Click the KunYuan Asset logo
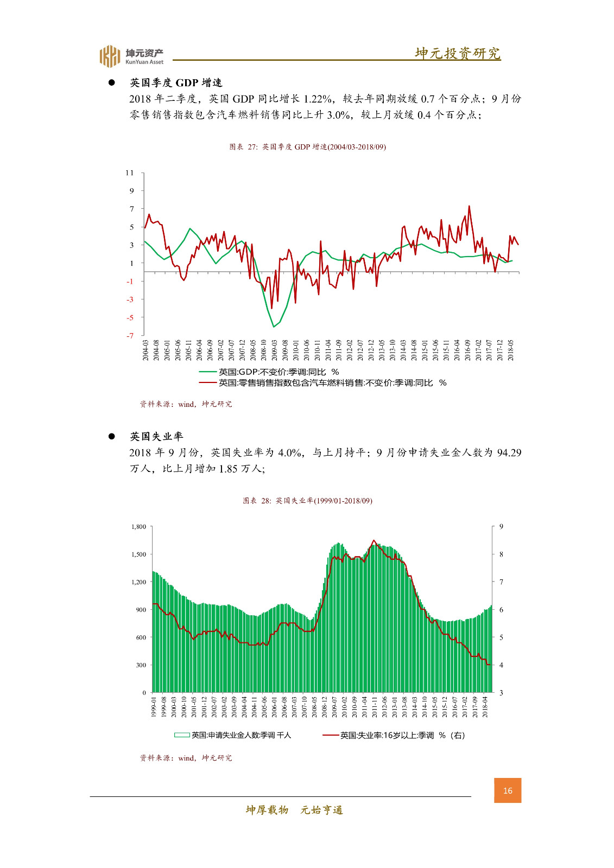(x=131, y=56)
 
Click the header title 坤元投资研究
(x=457, y=53)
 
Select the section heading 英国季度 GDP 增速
(x=176, y=82)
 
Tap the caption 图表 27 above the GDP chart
(x=307, y=147)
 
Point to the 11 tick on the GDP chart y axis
(x=129, y=173)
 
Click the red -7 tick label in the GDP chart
(x=130, y=336)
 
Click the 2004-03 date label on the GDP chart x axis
(x=145, y=350)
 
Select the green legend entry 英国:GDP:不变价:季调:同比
(x=269, y=372)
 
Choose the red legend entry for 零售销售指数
(x=323, y=383)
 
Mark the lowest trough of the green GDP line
(x=274, y=327)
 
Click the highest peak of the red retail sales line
(x=469, y=206)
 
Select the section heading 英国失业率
(x=156, y=436)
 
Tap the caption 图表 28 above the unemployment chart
(x=307, y=501)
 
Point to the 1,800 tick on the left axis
(x=138, y=527)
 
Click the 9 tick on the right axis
(x=501, y=527)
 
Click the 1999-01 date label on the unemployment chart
(x=154, y=707)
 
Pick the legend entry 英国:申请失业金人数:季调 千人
(x=233, y=735)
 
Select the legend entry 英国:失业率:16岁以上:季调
(x=394, y=736)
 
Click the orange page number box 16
(x=508, y=790)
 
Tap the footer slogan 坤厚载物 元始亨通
(x=294, y=810)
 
